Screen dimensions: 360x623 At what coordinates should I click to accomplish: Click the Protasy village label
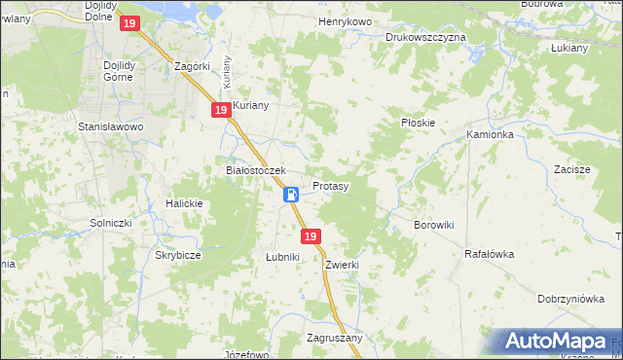click(x=331, y=185)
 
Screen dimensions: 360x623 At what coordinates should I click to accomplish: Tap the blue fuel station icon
click(x=291, y=195)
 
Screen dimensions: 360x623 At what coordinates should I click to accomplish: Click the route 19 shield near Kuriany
click(x=221, y=111)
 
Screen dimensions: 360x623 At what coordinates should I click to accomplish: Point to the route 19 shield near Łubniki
click(x=311, y=236)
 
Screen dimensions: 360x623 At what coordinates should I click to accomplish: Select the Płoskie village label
click(x=418, y=124)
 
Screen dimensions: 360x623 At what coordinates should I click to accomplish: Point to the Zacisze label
click(x=572, y=169)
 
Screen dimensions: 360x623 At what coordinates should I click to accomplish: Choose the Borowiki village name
click(x=434, y=225)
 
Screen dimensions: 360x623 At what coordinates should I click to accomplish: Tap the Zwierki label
click(x=344, y=265)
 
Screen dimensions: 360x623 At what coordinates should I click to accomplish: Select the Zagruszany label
click(x=334, y=338)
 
